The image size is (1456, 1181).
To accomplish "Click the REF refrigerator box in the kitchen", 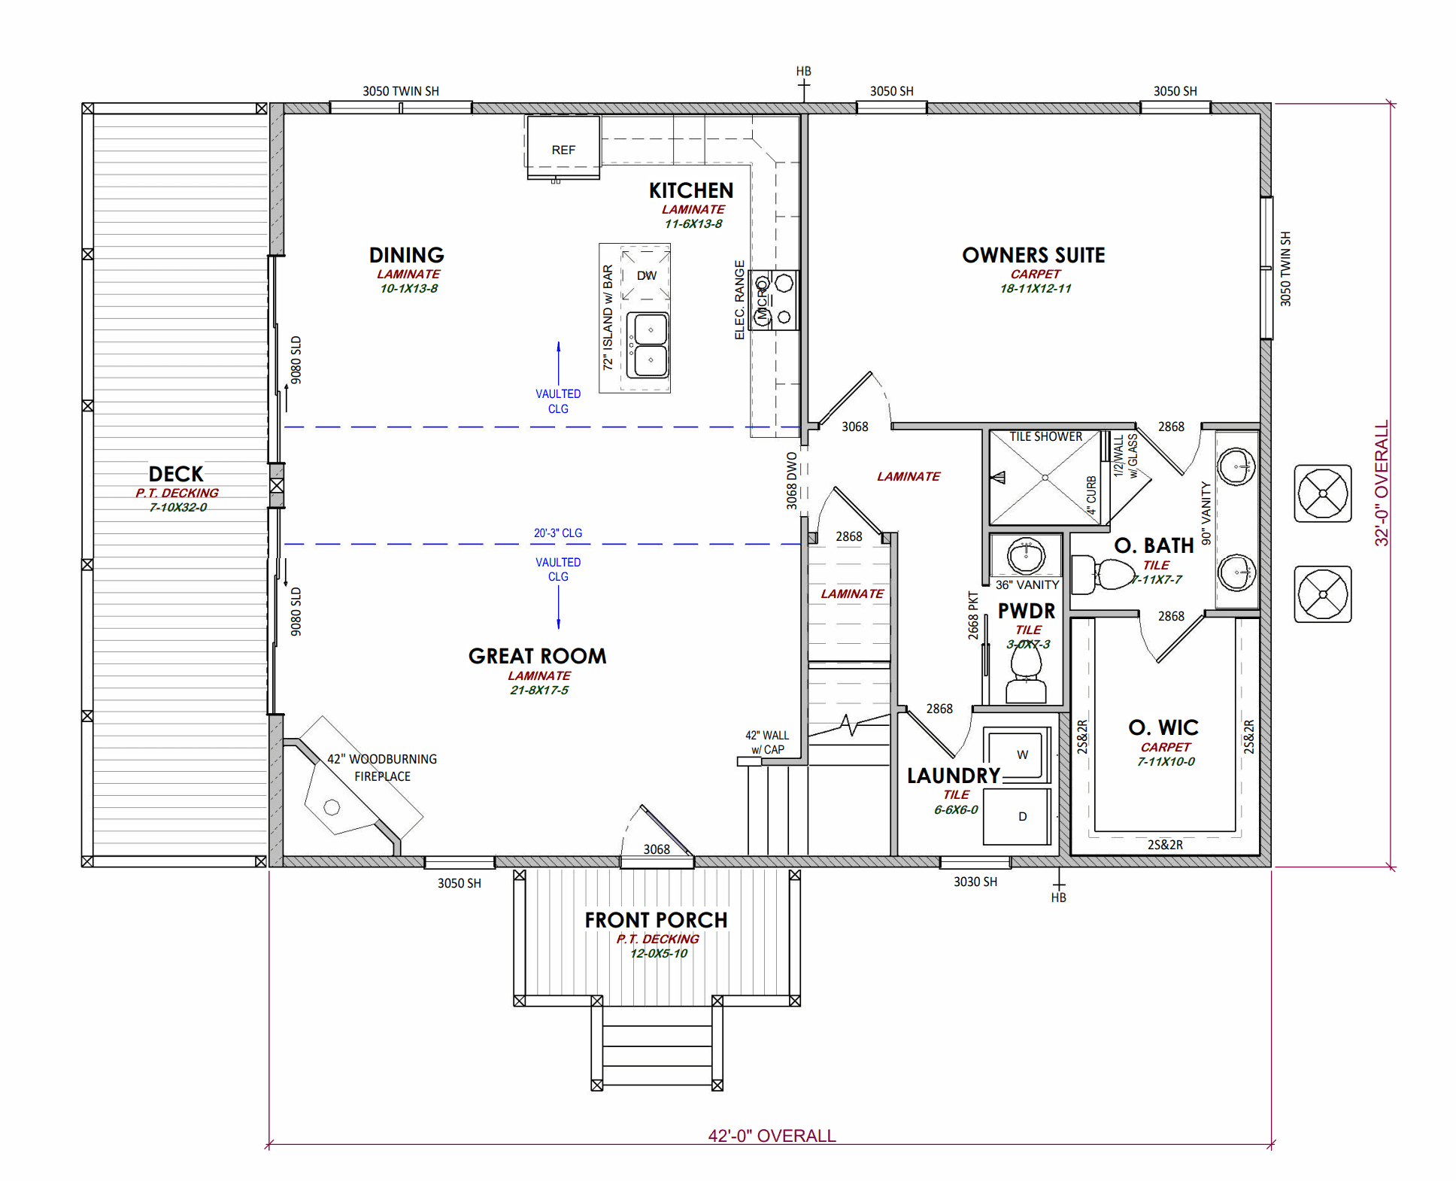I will click(563, 148).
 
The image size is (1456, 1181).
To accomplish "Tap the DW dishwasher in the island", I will click(646, 275).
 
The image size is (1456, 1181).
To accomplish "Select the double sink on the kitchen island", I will click(649, 345).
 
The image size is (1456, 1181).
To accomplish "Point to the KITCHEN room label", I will click(690, 190).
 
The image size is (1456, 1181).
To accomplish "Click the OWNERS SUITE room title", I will click(1033, 255).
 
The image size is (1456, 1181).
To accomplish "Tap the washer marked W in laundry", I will click(1020, 754).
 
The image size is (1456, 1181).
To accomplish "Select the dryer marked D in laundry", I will click(1020, 816).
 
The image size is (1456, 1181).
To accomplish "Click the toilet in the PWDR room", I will click(1026, 673).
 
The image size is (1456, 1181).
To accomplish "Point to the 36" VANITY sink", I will click(1026, 557).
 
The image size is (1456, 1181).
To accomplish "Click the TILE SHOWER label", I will click(1045, 436).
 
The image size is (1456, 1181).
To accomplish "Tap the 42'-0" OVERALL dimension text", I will click(772, 1135).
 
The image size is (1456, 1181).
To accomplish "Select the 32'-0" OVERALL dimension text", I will click(1381, 482).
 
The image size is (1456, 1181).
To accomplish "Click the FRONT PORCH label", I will click(656, 920).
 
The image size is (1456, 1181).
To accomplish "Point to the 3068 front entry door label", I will click(656, 849).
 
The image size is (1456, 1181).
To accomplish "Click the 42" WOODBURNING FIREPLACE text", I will click(382, 767).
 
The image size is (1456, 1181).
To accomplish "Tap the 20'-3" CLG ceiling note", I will click(557, 533).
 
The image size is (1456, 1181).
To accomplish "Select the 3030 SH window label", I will click(975, 882).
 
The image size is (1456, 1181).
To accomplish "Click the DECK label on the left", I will click(176, 474).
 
